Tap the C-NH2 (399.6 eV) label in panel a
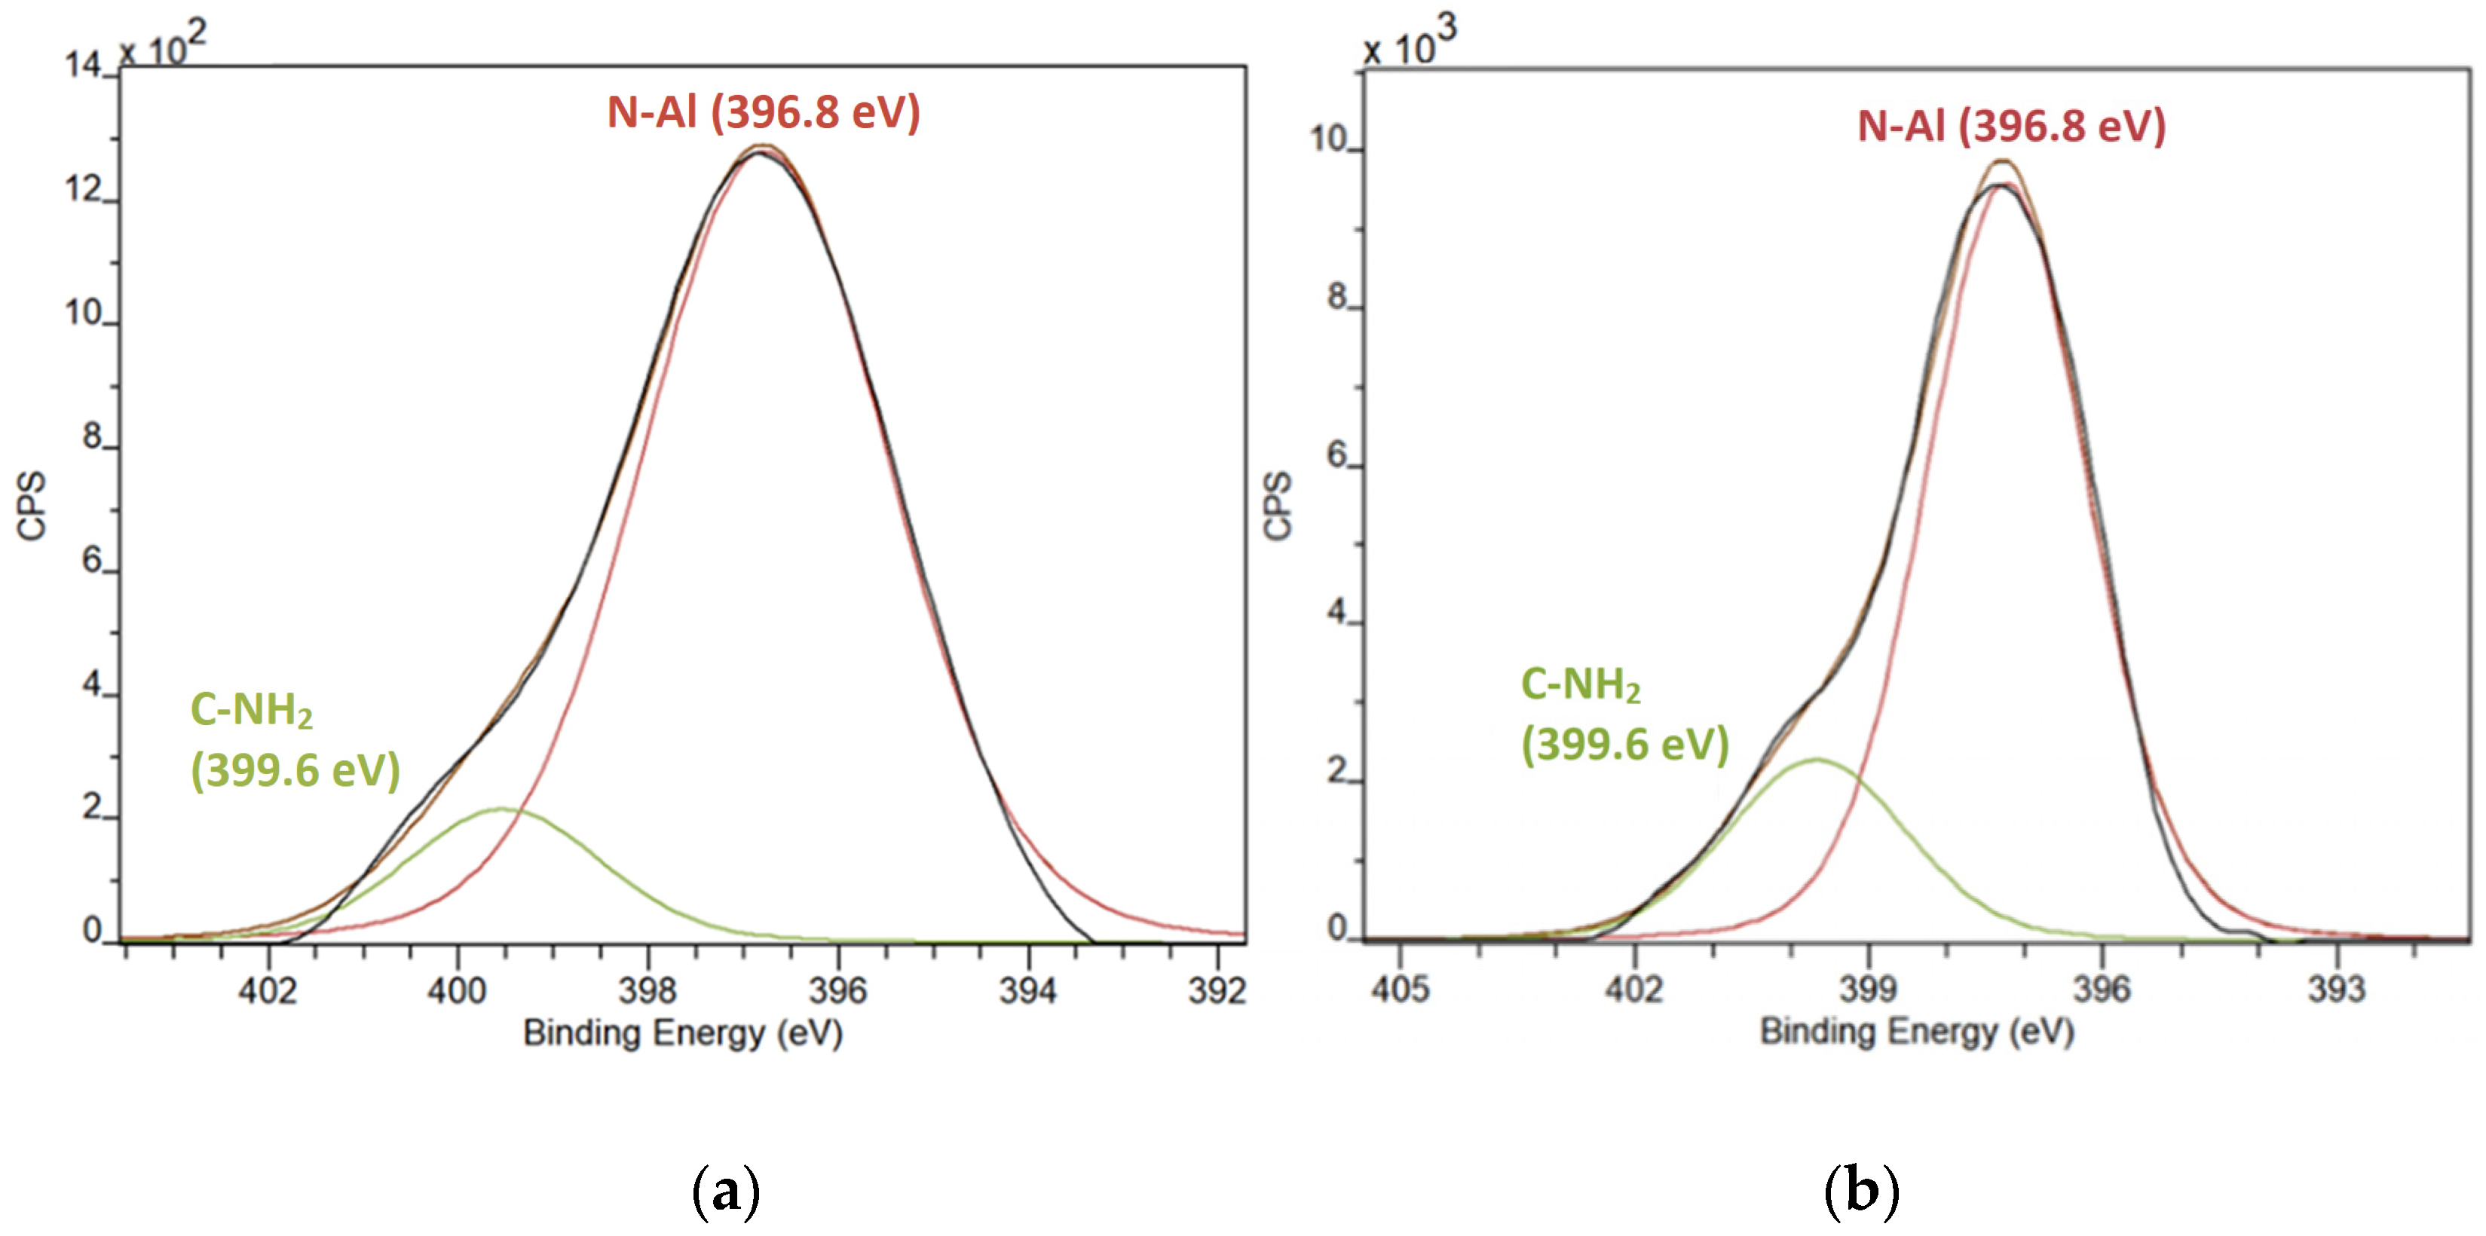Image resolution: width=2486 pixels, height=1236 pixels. click(294, 740)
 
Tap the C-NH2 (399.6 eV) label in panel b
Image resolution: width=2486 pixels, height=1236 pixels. click(1624, 714)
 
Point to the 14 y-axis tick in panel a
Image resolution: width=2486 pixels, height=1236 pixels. click(83, 66)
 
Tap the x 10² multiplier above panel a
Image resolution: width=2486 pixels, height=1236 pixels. click(162, 45)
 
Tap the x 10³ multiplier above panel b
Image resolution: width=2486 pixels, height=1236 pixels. click(1409, 44)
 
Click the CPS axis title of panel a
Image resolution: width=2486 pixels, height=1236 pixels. click(32, 506)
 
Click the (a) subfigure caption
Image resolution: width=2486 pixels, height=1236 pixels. click(726, 1192)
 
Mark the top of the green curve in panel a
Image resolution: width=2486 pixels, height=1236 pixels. click(500, 809)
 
